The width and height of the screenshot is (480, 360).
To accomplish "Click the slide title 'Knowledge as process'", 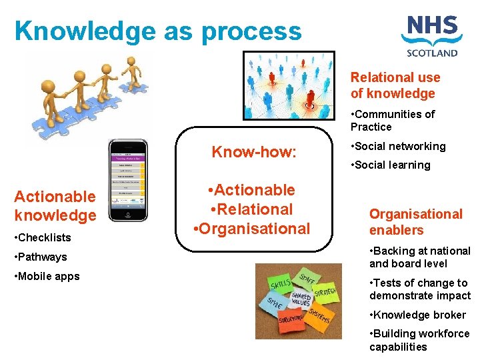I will tap(158, 31).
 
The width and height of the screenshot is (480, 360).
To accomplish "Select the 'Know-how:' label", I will tap(253, 152).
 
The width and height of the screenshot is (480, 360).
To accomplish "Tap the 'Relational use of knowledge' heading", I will tap(395, 85).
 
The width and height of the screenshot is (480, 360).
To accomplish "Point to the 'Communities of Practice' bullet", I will tap(393, 120).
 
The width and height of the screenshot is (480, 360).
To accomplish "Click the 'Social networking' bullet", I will tap(398, 146).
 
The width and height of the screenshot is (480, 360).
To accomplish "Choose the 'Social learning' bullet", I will tap(391, 165).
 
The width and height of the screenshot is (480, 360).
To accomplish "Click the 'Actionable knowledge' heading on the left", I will tap(55, 205).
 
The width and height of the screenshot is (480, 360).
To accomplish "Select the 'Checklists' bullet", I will tap(43, 237).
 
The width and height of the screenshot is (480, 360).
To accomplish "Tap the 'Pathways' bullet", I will tap(41, 257).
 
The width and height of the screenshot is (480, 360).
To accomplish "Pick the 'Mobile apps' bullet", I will tap(47, 276).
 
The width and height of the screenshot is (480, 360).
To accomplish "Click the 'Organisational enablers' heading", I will tap(415, 222).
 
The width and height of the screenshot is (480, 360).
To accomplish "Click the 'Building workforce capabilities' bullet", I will tap(419, 340).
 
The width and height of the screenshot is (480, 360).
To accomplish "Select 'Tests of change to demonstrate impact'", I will tap(419, 289).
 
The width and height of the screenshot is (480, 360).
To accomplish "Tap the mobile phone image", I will tap(129, 180).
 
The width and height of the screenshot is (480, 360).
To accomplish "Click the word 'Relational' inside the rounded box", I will tap(253, 209).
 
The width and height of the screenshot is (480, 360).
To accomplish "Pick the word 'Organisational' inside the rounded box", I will tap(251, 229).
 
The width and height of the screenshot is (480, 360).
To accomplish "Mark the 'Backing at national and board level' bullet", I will tap(419, 257).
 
